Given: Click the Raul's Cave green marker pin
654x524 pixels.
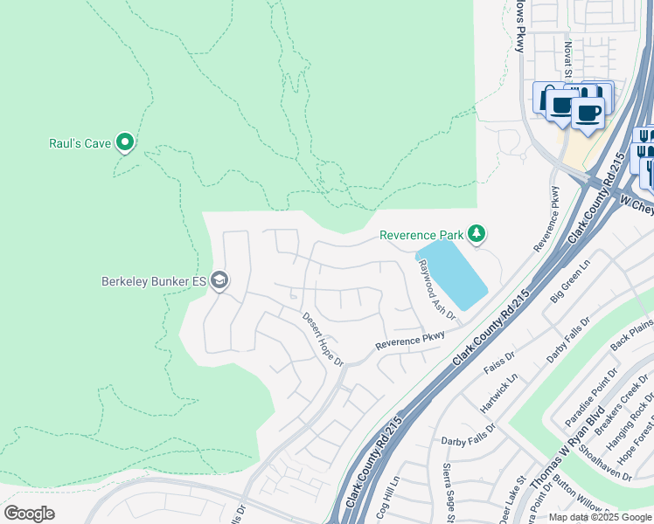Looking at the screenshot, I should coord(125,141).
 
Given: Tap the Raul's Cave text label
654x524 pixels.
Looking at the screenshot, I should coord(79,142).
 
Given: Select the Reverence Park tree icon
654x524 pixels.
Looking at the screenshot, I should coord(477,233).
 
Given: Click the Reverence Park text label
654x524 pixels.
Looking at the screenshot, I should coord(421,235).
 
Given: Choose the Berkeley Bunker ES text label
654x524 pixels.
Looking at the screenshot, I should coord(154,281).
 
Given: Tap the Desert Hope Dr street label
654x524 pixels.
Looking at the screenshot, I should coord(324,338).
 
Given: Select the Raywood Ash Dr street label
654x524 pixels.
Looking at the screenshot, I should coord(437,290).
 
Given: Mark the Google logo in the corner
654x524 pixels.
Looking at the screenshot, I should coord(29,514).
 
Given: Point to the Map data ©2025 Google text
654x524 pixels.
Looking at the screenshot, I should coord(600,517).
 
